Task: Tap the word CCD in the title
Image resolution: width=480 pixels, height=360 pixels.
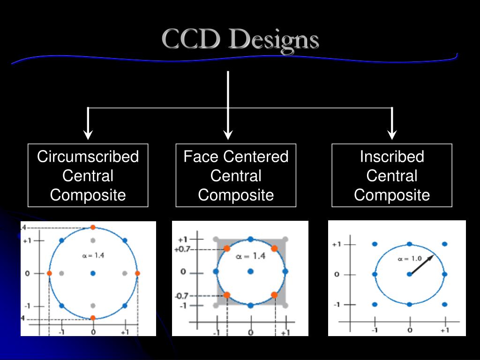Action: tap(191, 40)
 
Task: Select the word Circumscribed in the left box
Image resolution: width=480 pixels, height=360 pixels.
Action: tap(88, 157)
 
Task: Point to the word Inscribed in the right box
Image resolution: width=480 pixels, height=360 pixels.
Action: tap(392, 157)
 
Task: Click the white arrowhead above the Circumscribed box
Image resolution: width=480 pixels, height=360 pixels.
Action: tap(88, 135)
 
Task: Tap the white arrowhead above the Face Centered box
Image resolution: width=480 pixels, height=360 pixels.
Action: tap(228, 135)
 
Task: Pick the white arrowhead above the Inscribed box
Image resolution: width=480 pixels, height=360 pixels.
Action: tap(392, 135)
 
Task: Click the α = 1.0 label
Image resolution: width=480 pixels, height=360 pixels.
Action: tap(410, 258)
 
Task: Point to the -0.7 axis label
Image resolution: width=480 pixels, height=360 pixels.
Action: tap(182, 296)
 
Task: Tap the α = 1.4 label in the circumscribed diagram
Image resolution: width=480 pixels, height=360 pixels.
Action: tap(92, 255)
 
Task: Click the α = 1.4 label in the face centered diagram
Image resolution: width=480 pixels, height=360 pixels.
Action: tap(250, 256)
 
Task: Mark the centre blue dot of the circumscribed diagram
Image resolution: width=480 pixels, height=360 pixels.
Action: tap(93, 273)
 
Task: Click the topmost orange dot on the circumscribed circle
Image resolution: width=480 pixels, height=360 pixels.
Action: tap(93, 227)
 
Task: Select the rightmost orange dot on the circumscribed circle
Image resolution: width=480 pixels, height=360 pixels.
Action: tap(137, 273)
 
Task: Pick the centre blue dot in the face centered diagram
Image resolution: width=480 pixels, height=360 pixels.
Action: tap(250, 271)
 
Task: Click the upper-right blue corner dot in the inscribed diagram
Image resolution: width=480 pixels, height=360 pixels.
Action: tap(444, 244)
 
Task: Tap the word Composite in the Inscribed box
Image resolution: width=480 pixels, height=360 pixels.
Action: tap(392, 195)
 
